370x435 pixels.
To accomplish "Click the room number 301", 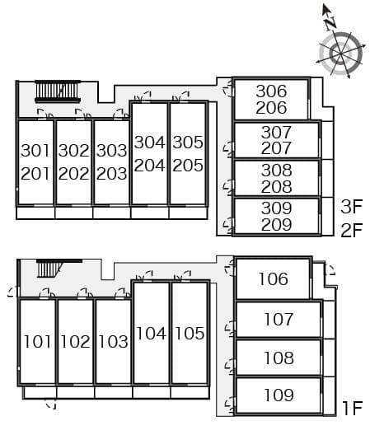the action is tap(35, 151).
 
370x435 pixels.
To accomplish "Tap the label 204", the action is tap(149, 166).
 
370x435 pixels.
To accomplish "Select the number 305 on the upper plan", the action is tap(188, 143).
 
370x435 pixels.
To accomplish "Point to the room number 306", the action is tap(271, 91).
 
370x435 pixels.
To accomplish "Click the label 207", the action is tap(276, 147).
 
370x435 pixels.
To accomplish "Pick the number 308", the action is tap(276, 171).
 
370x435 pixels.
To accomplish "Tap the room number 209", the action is tap(276, 225).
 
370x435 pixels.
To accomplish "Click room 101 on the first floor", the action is tap(37, 341).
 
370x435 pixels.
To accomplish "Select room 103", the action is tap(113, 341).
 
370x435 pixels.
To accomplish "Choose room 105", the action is tap(190, 333).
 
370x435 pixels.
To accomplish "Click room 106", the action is tap(273, 278).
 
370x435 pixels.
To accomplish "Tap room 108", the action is tap(279, 358).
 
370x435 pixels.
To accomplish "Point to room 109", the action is tap(279, 395).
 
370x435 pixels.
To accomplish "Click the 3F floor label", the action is tap(352, 207).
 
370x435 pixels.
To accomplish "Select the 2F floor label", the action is tap(352, 230).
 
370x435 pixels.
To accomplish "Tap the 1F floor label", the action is tap(353, 408).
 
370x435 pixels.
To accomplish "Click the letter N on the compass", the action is tap(331, 22).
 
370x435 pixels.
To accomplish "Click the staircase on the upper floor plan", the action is tap(58, 91).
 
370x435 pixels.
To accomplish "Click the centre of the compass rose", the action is tap(340, 54).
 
